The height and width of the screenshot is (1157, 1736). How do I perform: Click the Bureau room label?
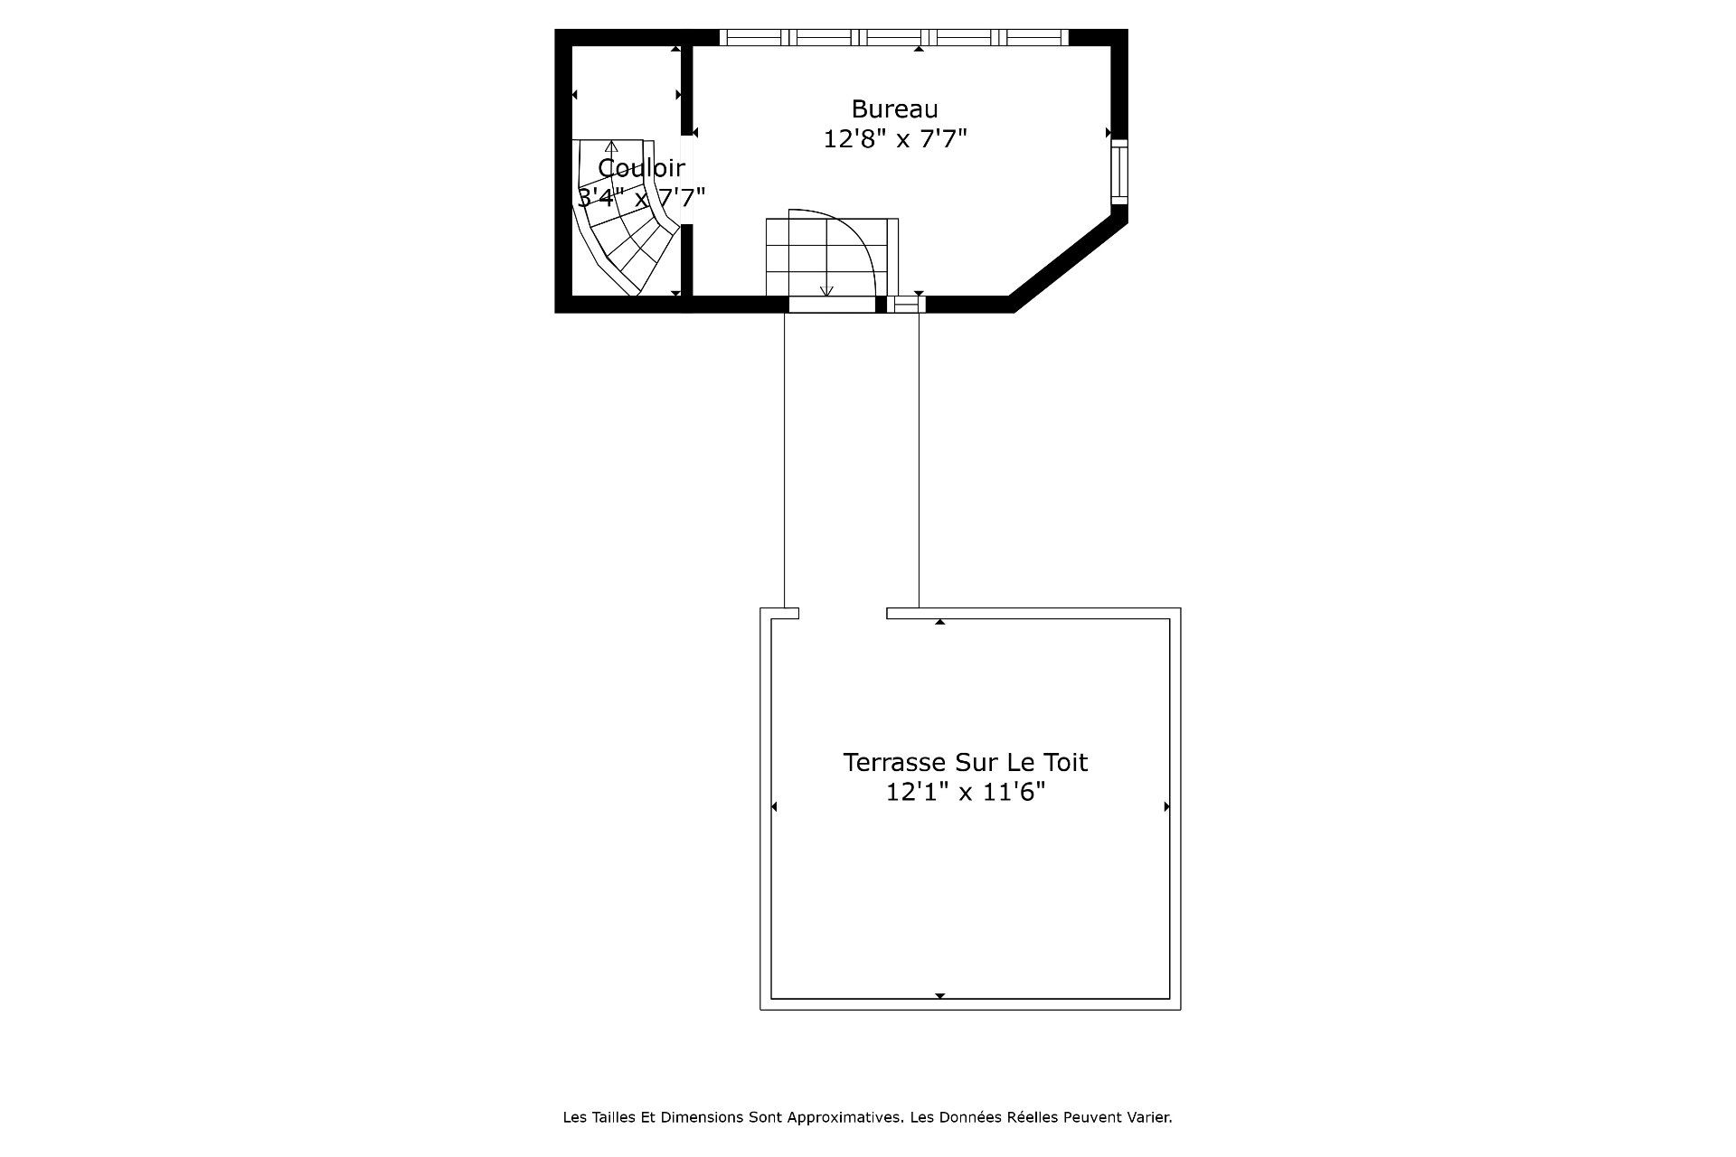point(894,109)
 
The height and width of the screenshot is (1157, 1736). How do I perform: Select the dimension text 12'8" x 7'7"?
point(895,139)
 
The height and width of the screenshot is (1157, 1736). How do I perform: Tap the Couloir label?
point(641,168)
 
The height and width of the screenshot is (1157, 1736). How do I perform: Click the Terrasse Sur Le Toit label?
point(965,762)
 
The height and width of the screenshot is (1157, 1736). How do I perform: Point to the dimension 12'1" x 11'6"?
point(965,792)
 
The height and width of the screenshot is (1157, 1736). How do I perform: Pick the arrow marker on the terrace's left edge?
point(773,806)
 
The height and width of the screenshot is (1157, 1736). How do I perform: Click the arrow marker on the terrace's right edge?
point(1166,806)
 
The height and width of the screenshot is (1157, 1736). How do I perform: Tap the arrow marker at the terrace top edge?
point(940,622)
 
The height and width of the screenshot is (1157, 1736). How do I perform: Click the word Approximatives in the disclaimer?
point(852,1117)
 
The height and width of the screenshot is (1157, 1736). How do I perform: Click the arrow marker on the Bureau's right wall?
point(1109,133)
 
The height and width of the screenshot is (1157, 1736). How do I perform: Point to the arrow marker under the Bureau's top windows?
point(919,49)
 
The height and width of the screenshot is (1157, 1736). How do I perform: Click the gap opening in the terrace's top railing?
point(843,613)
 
